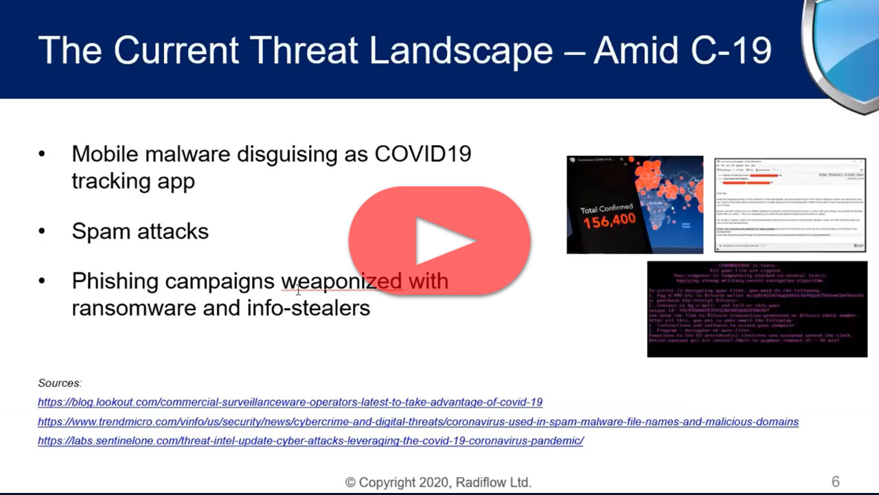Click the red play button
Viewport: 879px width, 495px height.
(439, 241)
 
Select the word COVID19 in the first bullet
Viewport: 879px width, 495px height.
(423, 153)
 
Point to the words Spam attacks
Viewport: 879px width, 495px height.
(140, 231)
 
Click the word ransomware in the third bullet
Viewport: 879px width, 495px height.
(131, 307)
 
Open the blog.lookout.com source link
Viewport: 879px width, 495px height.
(290, 402)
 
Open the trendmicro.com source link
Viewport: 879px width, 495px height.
(418, 421)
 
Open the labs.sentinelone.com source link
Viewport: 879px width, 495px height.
(310, 441)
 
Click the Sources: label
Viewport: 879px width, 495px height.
(60, 383)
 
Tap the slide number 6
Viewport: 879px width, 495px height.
(835, 482)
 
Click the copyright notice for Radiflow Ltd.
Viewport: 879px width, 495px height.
(438, 483)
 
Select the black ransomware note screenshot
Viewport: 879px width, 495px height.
(757, 309)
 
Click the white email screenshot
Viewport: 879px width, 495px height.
(790, 205)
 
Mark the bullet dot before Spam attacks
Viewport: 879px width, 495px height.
(43, 232)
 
